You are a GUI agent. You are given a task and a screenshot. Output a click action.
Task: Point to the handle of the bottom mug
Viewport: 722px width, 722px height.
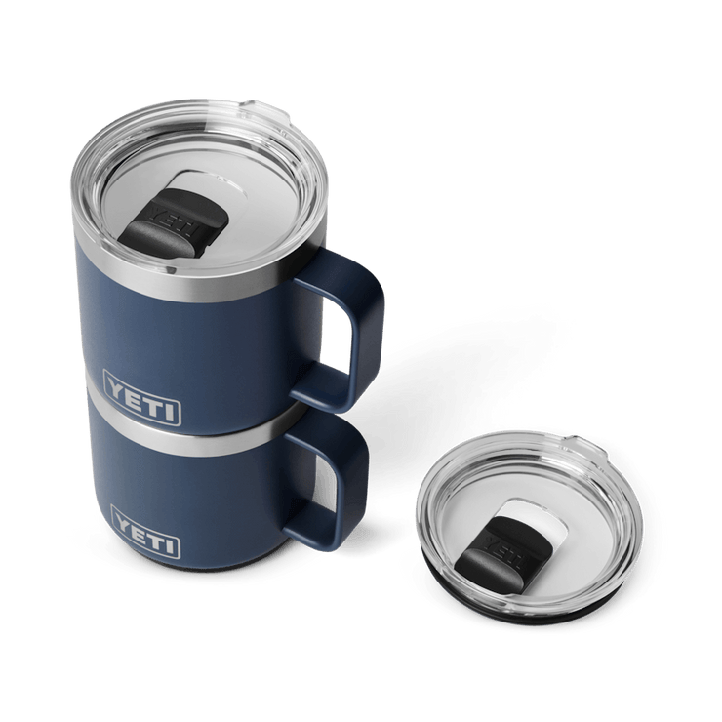pyautogui.click(x=337, y=468)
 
